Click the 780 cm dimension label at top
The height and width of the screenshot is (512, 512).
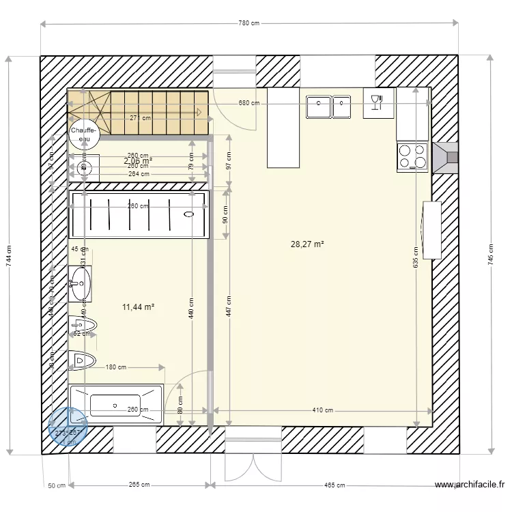[249, 23]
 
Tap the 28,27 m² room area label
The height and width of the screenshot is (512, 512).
[307, 244]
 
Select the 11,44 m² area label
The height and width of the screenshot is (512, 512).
[138, 307]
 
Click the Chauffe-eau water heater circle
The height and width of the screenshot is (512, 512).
[85, 134]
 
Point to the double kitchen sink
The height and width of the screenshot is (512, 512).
[328, 106]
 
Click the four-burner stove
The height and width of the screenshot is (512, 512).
[412, 156]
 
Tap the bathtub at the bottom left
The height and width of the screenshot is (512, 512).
[116, 404]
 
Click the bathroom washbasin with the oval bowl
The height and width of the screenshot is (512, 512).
[81, 283]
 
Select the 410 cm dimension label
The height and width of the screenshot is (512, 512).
[323, 410]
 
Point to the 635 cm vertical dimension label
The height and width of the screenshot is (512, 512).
[415, 257]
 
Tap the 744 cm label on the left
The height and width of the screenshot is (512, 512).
[9, 255]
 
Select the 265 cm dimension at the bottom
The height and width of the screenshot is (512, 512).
[139, 485]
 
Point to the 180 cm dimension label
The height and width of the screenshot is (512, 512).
[116, 367]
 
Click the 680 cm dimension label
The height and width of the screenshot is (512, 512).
[248, 103]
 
